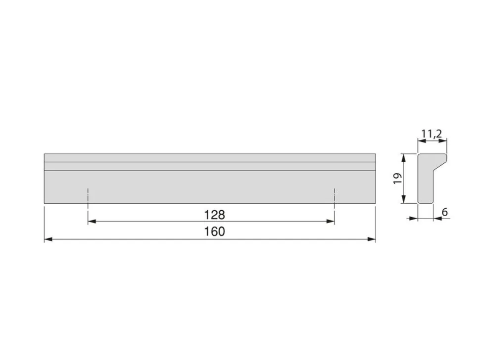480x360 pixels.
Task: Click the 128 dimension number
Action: (214, 215)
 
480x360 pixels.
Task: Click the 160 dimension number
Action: (214, 231)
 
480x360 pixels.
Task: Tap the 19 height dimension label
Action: (397, 179)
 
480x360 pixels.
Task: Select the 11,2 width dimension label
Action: (432, 134)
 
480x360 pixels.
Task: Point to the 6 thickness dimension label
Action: (445, 212)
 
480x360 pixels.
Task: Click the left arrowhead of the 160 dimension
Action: (48, 239)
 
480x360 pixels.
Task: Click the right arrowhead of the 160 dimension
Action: (371, 239)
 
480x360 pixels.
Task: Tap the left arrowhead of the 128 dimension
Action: (92, 221)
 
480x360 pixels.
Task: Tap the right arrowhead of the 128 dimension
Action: (330, 221)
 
